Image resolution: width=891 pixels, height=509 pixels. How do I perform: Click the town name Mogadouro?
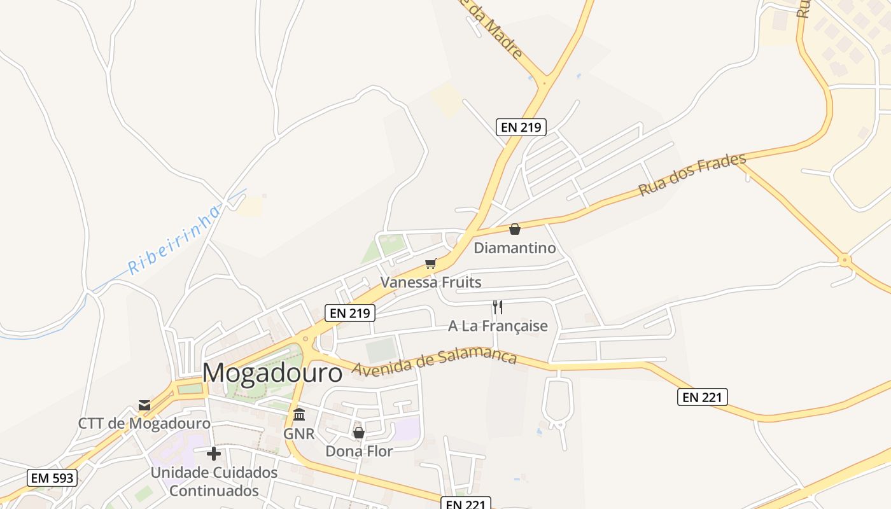[x=272, y=373]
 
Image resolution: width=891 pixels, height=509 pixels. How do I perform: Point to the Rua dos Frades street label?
[x=692, y=174]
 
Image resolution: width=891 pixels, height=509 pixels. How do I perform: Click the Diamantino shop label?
[x=515, y=248]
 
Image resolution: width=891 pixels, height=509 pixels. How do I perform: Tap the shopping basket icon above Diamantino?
[x=515, y=229]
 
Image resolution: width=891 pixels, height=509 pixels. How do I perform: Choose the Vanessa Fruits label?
[x=431, y=282]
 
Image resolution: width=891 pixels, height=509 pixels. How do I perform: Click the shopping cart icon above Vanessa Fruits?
[x=431, y=263]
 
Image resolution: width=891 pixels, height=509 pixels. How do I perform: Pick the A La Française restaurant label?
[x=498, y=326]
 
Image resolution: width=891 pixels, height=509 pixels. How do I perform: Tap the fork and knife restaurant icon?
[x=498, y=308]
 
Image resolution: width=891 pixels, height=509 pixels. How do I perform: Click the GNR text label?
[x=299, y=434]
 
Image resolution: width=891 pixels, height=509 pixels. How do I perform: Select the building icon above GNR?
[x=299, y=415]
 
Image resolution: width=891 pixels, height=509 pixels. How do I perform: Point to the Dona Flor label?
[x=359, y=451]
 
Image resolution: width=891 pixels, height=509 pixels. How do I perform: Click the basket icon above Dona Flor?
[x=359, y=433]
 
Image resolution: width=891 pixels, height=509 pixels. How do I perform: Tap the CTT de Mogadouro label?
[x=144, y=424]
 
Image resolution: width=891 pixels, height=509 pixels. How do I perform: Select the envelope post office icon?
[x=144, y=405]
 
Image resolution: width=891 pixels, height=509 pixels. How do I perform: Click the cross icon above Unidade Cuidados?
[x=214, y=454]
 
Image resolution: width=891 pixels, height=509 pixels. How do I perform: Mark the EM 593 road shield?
[x=52, y=478]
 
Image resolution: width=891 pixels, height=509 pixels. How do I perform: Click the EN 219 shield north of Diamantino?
[x=521, y=127]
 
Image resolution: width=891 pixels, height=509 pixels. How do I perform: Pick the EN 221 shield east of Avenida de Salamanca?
[x=702, y=398]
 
